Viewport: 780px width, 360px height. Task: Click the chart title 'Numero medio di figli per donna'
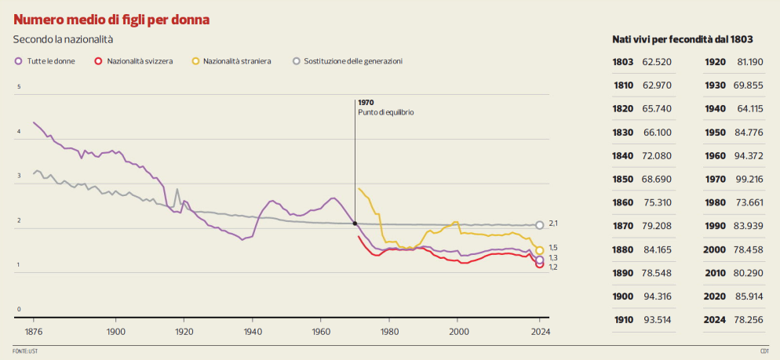click(111, 18)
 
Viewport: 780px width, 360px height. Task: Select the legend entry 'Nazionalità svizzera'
click(139, 61)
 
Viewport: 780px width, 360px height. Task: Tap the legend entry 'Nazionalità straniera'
click(236, 61)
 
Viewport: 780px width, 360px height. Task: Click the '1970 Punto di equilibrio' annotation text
click(385, 107)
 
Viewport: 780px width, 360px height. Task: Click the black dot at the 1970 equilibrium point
click(355, 224)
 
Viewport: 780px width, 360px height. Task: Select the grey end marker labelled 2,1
click(539, 225)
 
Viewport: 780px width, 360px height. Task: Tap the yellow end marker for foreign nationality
click(539, 250)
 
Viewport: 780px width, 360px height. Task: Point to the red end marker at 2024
click(539, 265)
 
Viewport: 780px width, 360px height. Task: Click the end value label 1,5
click(553, 247)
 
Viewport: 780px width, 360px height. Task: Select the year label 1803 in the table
click(623, 62)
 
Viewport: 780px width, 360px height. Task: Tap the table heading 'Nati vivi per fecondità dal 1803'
click(683, 38)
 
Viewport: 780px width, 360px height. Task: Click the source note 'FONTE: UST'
click(25, 351)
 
